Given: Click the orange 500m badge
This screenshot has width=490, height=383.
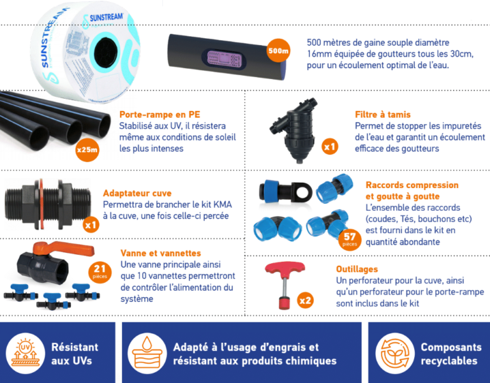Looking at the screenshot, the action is click(278, 50).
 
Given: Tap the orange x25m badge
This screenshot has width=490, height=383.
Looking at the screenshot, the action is click(87, 150).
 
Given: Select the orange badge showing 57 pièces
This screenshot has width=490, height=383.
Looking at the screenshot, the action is click(350, 239).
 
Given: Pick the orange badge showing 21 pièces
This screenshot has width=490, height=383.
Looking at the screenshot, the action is click(100, 271).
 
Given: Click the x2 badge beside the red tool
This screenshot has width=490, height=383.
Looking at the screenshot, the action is click(305, 300).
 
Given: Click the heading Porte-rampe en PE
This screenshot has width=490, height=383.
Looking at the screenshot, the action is click(160, 115).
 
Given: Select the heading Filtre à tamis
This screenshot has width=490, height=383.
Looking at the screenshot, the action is click(383, 115).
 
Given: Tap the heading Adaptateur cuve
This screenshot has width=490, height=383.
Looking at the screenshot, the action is click(137, 193).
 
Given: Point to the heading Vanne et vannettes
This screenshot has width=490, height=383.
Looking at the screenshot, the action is click(161, 253).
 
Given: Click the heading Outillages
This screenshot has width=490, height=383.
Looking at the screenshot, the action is click(357, 269).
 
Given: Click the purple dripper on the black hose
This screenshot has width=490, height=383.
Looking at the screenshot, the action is click(224, 59).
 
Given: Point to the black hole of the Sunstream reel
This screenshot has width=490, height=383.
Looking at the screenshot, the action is click(107, 52).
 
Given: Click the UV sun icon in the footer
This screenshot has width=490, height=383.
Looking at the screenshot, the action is click(26, 353).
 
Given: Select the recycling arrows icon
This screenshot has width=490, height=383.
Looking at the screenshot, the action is click(395, 353).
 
